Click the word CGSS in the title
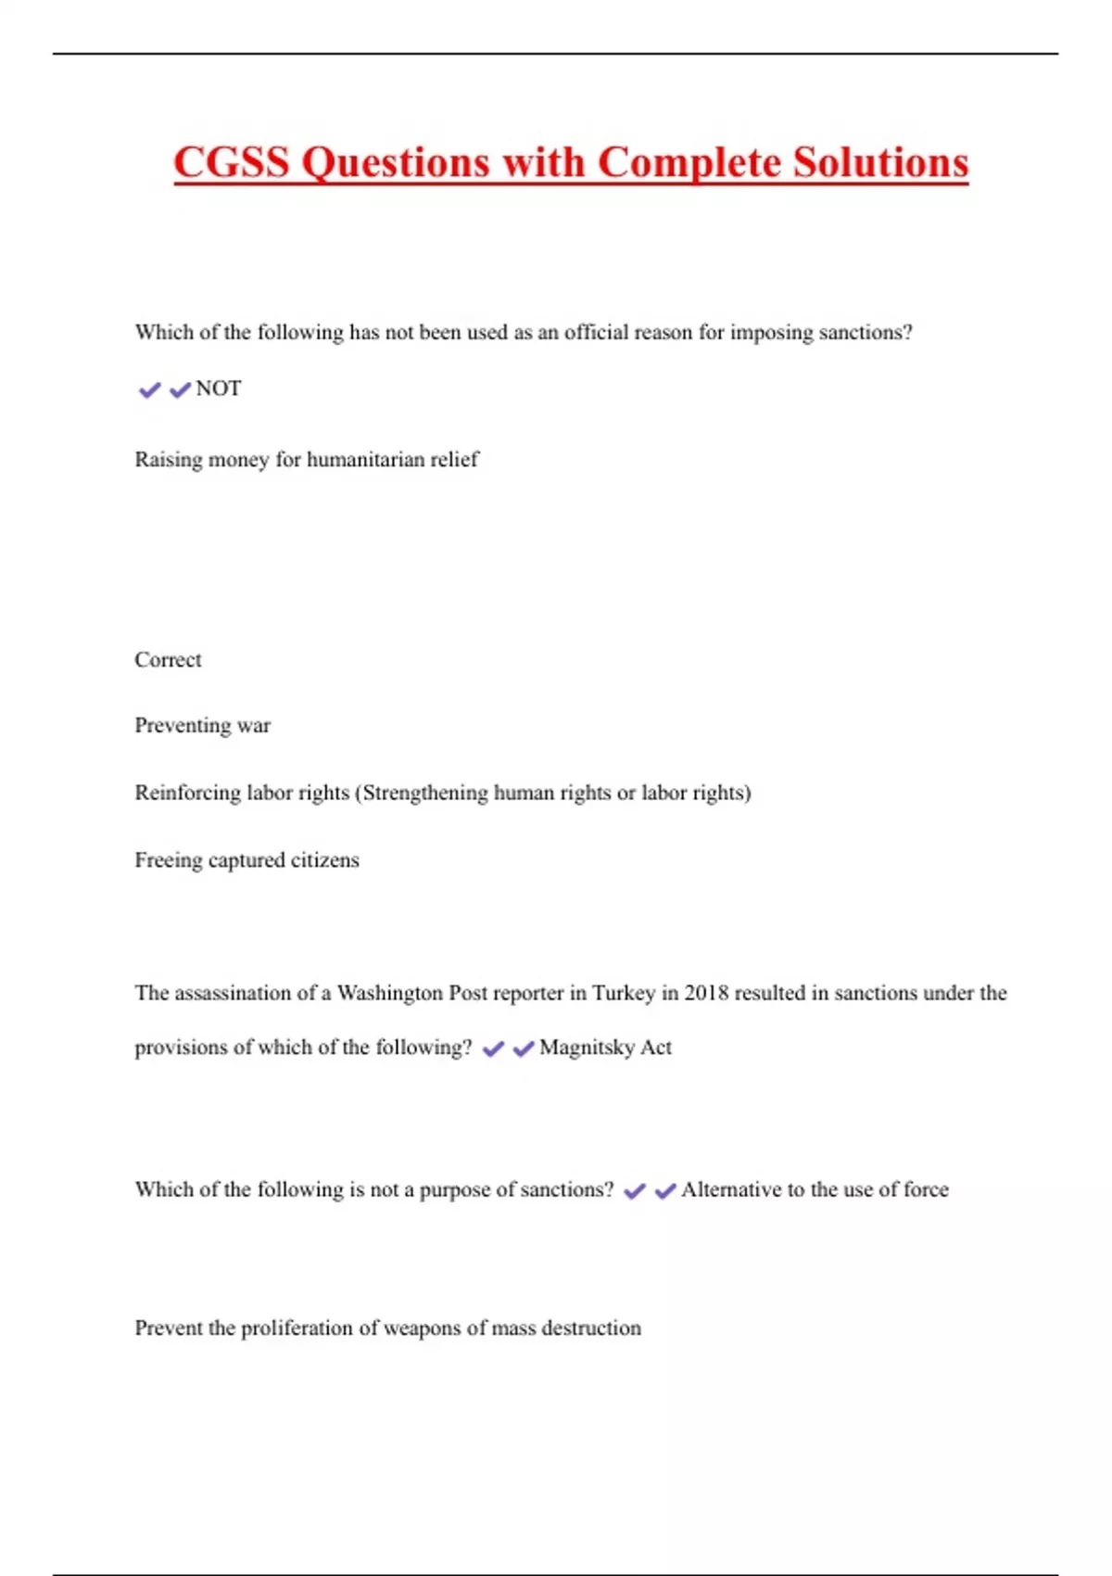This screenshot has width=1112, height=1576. tap(232, 162)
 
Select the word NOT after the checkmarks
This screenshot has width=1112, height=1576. tap(219, 388)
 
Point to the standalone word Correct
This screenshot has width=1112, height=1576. tap(168, 660)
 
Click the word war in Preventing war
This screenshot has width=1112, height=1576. tap(254, 726)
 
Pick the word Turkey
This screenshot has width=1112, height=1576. tap(624, 993)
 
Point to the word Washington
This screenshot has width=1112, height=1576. tap(390, 993)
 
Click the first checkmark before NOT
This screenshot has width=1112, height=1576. tap(149, 390)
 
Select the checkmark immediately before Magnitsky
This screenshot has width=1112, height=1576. tap(524, 1049)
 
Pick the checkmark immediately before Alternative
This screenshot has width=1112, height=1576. tap(665, 1191)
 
